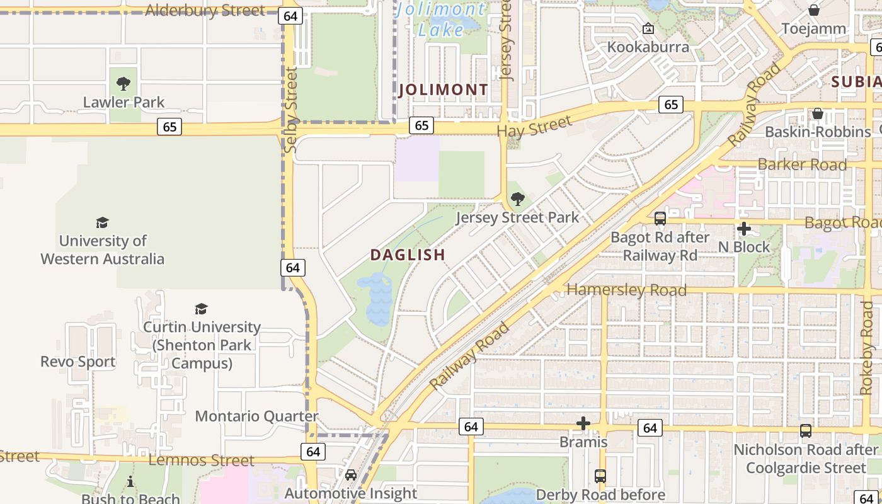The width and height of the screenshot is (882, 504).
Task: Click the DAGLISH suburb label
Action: (408, 255)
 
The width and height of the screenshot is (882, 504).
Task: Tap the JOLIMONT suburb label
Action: (444, 90)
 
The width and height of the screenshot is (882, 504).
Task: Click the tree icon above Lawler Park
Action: (123, 84)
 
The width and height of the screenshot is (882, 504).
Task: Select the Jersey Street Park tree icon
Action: (517, 200)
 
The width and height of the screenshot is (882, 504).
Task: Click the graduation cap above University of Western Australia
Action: (102, 222)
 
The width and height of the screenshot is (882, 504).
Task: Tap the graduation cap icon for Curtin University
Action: (201, 309)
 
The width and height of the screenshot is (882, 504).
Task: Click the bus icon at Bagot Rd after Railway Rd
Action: (660, 219)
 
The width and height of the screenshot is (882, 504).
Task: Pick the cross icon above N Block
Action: (744, 229)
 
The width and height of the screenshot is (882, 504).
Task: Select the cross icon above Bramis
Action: (583, 423)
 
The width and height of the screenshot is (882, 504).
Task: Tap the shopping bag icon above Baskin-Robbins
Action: (817, 114)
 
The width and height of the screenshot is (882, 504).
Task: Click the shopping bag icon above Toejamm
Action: (813, 11)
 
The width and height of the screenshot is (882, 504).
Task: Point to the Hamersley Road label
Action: (626, 290)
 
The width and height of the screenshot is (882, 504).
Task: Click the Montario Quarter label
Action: (256, 416)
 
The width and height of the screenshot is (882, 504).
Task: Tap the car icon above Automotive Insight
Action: (351, 475)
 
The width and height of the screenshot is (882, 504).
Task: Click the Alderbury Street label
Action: (205, 10)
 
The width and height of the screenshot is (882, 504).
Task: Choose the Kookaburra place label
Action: (648, 47)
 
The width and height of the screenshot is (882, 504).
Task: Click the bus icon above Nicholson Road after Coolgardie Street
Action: (805, 431)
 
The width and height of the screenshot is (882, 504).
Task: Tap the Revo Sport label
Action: (78, 362)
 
